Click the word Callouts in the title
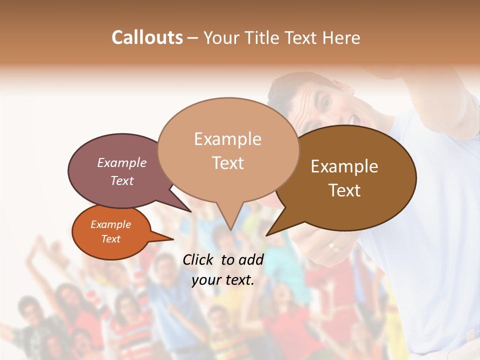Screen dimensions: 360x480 point(147,37)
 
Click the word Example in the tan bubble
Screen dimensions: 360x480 point(227,139)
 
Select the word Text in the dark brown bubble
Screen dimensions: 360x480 point(345,190)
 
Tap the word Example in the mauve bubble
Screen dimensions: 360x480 point(121,163)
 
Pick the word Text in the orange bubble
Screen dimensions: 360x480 point(111,239)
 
